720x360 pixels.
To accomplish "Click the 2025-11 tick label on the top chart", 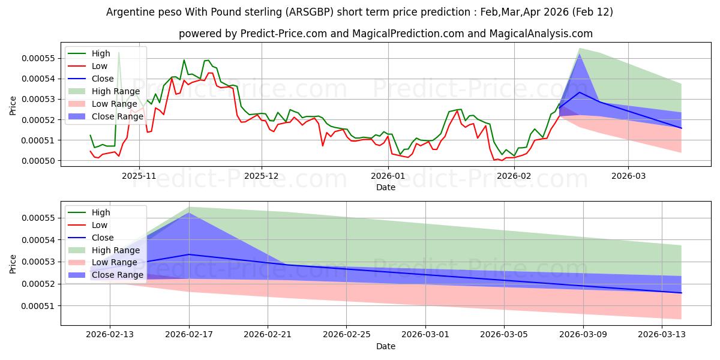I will tap(139, 176).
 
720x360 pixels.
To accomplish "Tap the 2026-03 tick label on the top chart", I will tap(628, 176).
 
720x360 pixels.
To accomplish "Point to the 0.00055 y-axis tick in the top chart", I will tap(43, 58).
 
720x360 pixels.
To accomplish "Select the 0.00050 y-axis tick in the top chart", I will tap(43, 161).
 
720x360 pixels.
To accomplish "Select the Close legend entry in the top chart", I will tap(103, 79).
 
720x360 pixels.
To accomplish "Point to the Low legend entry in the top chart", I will tap(100, 66).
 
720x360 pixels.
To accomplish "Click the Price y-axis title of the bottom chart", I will tap(13, 263).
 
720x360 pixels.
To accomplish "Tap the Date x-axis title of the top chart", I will tap(386, 187).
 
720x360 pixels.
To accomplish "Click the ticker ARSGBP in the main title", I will tap(322, 12).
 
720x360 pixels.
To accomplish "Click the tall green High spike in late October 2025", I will tap(119, 53).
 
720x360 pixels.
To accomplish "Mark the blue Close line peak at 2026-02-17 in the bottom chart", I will tap(189, 254).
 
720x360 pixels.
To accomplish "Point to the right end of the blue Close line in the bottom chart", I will tap(681, 293).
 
